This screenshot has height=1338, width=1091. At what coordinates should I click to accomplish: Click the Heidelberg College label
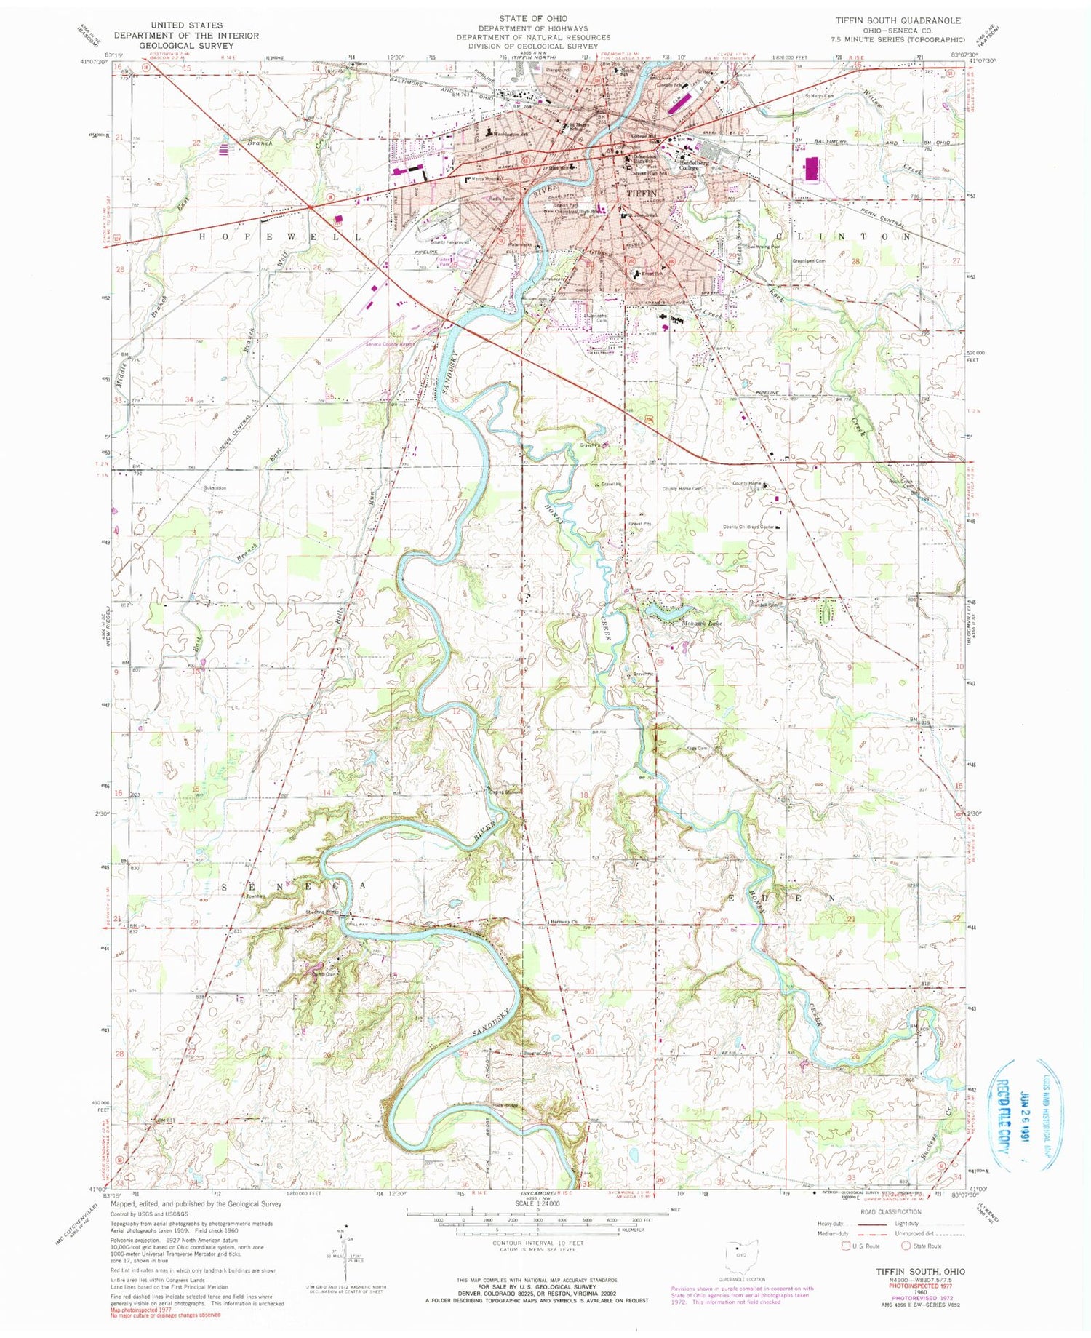pos(695,165)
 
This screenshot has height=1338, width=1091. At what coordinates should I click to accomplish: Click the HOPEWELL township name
pos(279,237)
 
